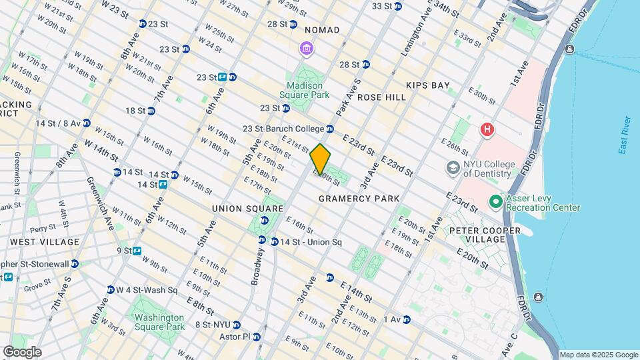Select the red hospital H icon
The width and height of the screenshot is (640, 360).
(x=488, y=129)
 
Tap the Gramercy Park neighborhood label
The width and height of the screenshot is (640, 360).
(x=359, y=199)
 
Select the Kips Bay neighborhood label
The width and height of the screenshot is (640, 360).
(x=427, y=85)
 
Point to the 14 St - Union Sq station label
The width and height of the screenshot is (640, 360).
(x=311, y=242)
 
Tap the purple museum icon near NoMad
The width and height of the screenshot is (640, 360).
(x=306, y=48)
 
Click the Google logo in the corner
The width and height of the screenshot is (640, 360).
(x=22, y=352)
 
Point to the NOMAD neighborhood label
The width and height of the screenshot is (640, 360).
(x=322, y=30)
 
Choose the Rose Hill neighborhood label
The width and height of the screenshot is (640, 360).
(x=381, y=97)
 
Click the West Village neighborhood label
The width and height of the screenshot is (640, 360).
(x=44, y=241)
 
